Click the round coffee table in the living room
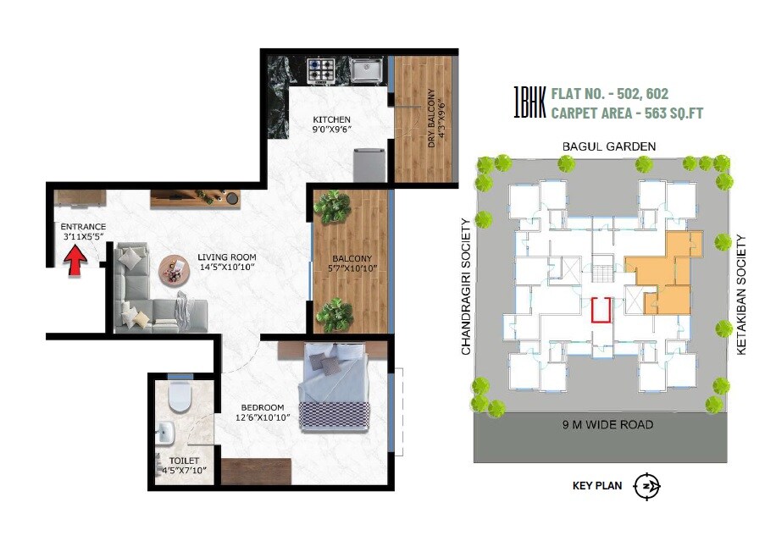(x=175, y=270)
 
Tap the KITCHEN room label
(x=331, y=119)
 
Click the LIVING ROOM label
(x=226, y=257)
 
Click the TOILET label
(x=183, y=461)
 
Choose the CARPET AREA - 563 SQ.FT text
(x=627, y=112)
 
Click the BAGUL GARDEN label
(x=609, y=146)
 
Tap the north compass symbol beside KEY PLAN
(x=646, y=486)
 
